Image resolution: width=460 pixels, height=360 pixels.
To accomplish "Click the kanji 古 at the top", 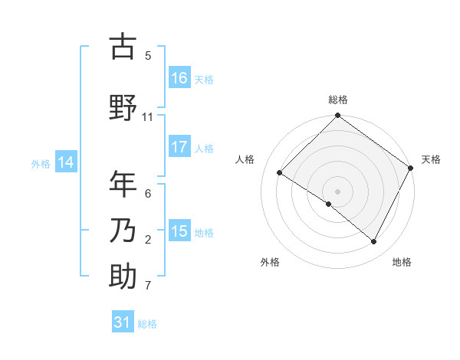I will click(123, 47).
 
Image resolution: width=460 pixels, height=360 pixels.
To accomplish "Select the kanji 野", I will click(123, 108).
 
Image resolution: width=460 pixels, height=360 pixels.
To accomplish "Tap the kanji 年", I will click(123, 185).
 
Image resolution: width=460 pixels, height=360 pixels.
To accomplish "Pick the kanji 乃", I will click(123, 231).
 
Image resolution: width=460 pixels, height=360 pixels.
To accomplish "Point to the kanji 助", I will click(123, 277).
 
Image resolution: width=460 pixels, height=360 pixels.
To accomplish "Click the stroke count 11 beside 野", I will click(148, 116).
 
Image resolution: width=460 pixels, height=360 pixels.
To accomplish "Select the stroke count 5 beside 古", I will click(148, 55).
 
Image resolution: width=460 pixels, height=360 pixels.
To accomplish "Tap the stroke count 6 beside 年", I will click(148, 193).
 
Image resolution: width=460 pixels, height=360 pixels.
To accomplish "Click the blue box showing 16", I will click(179, 78).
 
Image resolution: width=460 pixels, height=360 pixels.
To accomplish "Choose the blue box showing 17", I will click(179, 147).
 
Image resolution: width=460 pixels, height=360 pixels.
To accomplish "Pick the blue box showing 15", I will click(179, 231).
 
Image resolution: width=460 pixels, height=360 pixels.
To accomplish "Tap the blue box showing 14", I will click(66, 162).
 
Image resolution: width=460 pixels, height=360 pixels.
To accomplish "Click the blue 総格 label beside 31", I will click(148, 324).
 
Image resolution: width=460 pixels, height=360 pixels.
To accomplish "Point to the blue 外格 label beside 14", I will click(41, 163).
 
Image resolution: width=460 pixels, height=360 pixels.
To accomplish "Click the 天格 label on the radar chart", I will click(431, 159).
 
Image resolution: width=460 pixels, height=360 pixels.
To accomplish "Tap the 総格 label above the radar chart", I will click(338, 100).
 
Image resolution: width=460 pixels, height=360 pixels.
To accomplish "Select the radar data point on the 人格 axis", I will click(280, 173).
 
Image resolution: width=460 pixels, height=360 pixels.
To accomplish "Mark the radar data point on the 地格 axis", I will click(374, 242).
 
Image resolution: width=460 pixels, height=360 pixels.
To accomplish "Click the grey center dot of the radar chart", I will click(338, 191).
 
